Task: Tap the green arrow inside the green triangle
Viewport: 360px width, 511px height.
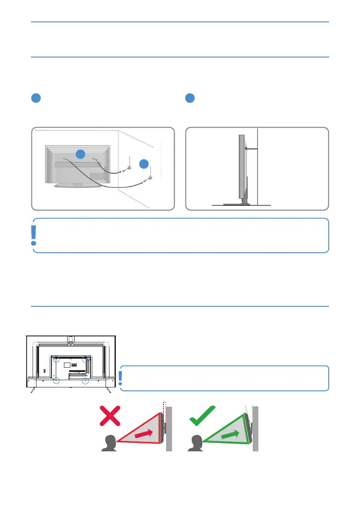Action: pyautogui.click(x=230, y=434)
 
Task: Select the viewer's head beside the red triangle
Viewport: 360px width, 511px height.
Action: pyautogui.click(x=109, y=443)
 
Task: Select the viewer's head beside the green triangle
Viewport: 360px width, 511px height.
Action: pyautogui.click(x=195, y=443)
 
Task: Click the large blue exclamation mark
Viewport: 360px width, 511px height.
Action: pyautogui.click(x=34, y=235)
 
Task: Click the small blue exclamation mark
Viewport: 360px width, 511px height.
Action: pyautogui.click(x=121, y=377)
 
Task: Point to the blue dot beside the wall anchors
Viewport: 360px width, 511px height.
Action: pyautogui.click(x=144, y=163)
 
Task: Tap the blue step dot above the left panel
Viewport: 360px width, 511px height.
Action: pyautogui.click(x=36, y=98)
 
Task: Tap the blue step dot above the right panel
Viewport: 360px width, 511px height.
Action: pyautogui.click(x=189, y=98)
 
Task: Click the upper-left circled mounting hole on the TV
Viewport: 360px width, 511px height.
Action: pyautogui.click(x=56, y=358)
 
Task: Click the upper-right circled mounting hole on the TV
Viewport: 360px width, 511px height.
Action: pyautogui.click(x=86, y=358)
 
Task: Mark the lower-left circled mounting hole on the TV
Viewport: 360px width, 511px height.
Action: pyautogui.click(x=56, y=380)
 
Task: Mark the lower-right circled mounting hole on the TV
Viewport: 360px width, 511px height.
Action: pyautogui.click(x=86, y=380)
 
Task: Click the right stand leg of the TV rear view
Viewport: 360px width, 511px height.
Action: pyautogui.click(x=108, y=390)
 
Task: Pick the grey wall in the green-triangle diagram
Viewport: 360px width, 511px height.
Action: pyautogui.click(x=256, y=429)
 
